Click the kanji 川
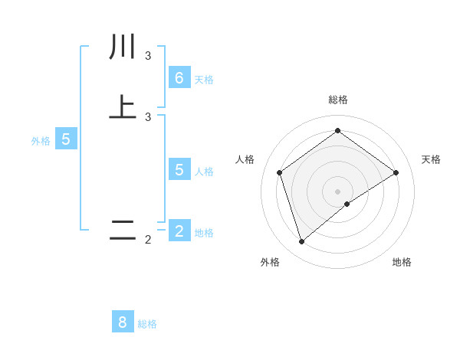tap(122, 47)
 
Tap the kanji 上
tap(122, 108)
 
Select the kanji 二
tap(122, 231)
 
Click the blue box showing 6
tap(179, 78)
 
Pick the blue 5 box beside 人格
tap(179, 169)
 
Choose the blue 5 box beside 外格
tap(66, 139)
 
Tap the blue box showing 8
tap(123, 322)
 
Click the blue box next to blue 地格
tap(179, 231)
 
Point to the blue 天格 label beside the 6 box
tap(204, 79)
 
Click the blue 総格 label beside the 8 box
tap(147, 324)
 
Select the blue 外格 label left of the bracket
tap(41, 141)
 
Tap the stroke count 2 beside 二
tap(148, 240)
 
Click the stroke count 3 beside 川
tap(148, 56)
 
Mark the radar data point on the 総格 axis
tap(337, 131)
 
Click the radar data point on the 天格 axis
tap(396, 172)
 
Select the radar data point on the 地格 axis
tap(347, 204)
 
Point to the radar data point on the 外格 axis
tap(301, 242)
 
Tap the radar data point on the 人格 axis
tap(280, 172)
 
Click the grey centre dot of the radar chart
tap(337, 191)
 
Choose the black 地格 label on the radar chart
tap(402, 263)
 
